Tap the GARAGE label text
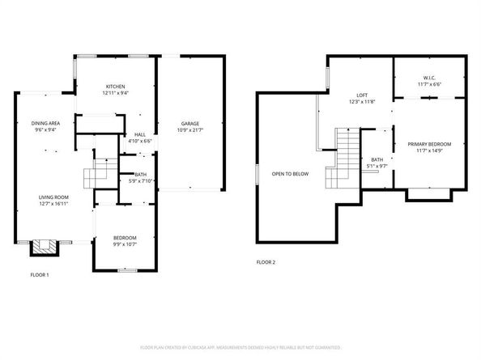coord(190,124)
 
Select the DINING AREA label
coord(45,123)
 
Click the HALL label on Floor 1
coord(140,135)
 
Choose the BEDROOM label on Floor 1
coord(125,237)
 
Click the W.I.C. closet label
coord(429,78)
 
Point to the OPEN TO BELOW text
coord(290,173)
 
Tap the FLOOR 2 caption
coord(266,262)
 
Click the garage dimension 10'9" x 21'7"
coord(190,129)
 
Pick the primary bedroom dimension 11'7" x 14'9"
coord(429,150)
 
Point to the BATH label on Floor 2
coord(377,159)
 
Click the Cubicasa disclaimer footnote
coord(240,347)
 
